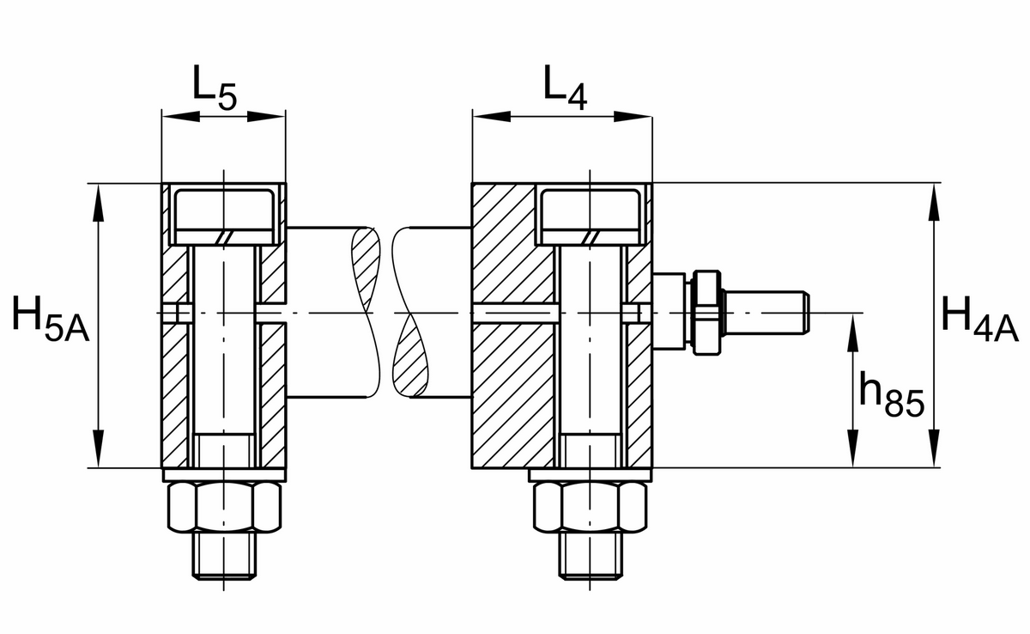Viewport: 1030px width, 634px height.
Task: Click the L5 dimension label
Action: point(214,88)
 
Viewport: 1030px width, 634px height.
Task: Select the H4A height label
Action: point(978,316)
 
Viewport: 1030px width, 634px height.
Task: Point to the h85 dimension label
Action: point(891,397)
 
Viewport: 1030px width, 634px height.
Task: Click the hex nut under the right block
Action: point(591,508)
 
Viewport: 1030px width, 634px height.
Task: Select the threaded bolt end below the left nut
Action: point(225,556)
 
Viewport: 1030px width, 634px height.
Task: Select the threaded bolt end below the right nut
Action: point(591,556)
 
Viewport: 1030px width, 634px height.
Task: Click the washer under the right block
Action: point(591,475)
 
